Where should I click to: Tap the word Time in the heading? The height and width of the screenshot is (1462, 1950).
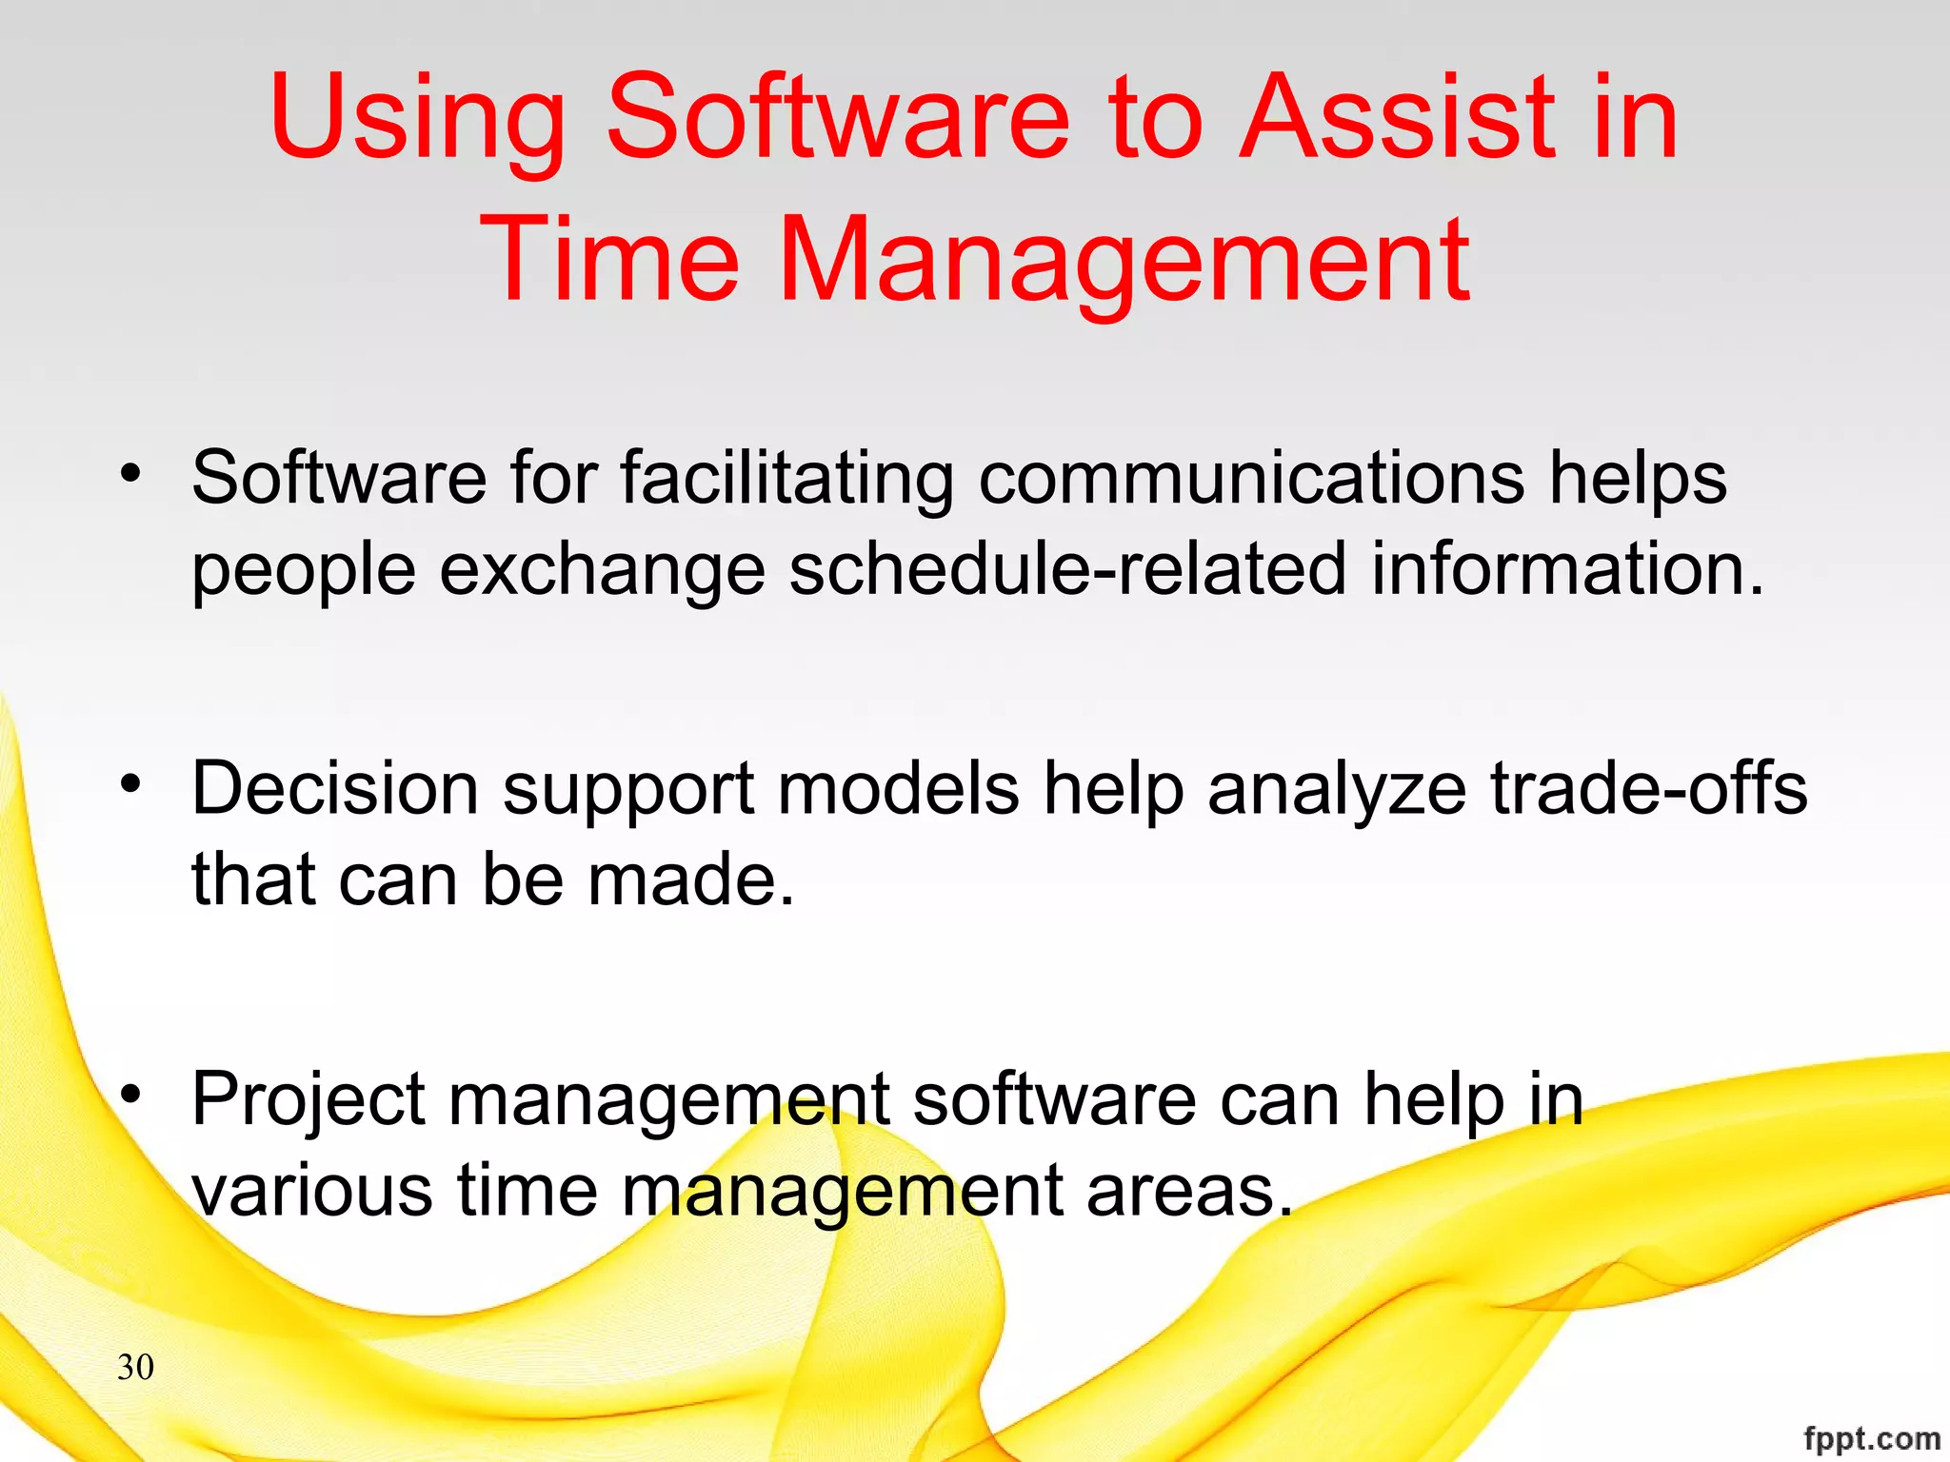609,259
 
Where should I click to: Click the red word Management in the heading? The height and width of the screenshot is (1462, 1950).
1124,259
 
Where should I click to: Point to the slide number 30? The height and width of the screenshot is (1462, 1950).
135,1367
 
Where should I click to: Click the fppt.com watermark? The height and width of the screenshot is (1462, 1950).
1871,1438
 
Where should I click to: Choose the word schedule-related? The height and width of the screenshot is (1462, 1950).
1067,569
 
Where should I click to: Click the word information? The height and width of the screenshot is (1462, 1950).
1566,569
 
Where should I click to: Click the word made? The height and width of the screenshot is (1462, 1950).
690,879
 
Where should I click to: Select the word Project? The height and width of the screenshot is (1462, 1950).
308,1100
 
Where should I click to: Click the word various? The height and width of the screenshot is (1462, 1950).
312,1191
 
